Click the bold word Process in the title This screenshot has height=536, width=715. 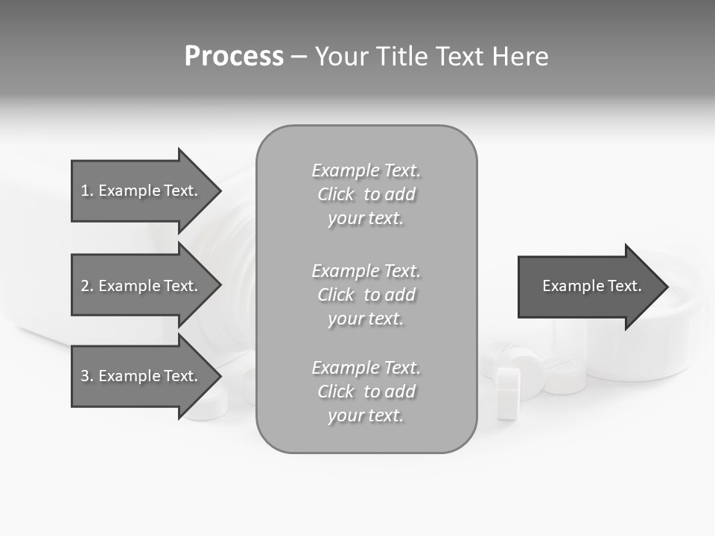click(x=234, y=57)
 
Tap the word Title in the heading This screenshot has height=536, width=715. click(x=403, y=57)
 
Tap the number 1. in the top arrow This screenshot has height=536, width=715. click(x=87, y=191)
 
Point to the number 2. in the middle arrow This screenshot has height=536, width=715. click(x=87, y=286)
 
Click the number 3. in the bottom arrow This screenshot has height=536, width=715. click(x=87, y=376)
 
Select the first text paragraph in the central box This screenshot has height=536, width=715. click(x=366, y=194)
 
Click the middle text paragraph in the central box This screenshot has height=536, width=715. click(x=366, y=295)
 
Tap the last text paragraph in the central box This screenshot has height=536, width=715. click(x=366, y=392)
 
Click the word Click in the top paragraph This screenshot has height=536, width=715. click(x=336, y=194)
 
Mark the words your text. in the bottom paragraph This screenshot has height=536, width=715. click(x=366, y=415)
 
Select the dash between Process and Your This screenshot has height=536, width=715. click(x=299, y=57)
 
